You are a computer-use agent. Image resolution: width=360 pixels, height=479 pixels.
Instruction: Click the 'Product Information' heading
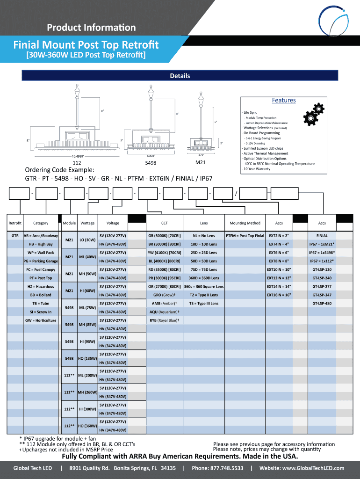point(91,28)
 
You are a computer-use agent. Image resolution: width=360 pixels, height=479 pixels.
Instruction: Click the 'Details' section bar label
point(180,76)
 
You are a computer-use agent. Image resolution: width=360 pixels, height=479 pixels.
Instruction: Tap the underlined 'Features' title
point(284,101)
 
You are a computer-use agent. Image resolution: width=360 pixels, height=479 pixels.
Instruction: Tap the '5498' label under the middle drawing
point(151,163)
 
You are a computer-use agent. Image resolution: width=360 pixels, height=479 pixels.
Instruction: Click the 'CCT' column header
point(165,223)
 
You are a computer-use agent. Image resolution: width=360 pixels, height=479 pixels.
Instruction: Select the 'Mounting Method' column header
point(245,223)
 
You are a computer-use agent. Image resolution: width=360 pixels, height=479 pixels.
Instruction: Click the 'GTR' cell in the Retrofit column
point(15,236)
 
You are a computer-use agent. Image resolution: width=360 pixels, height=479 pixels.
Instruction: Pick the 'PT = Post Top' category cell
point(40,278)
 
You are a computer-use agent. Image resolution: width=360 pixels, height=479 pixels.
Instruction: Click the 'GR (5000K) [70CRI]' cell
point(165,236)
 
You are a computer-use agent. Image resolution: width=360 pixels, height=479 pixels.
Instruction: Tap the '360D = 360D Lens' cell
point(204,278)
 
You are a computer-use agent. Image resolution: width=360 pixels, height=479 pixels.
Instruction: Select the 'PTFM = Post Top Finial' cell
point(245,236)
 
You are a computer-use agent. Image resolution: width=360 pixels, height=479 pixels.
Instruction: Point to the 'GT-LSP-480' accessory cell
point(322,304)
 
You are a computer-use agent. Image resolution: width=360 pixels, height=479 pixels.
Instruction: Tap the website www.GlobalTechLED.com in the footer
point(302,468)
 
